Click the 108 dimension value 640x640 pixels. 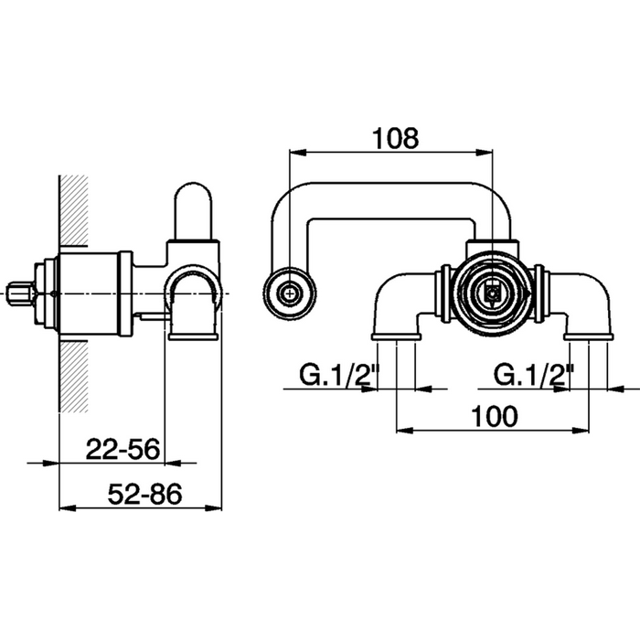pos(396,138)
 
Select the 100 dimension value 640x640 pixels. pos(495,417)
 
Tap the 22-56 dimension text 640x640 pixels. pos(123,450)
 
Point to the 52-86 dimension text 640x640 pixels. pos(144,494)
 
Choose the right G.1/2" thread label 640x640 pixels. pos(534,375)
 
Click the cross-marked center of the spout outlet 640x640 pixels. pos(290,293)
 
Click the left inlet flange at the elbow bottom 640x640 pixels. pos(396,336)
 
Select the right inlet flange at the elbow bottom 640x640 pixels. pos(589,336)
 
